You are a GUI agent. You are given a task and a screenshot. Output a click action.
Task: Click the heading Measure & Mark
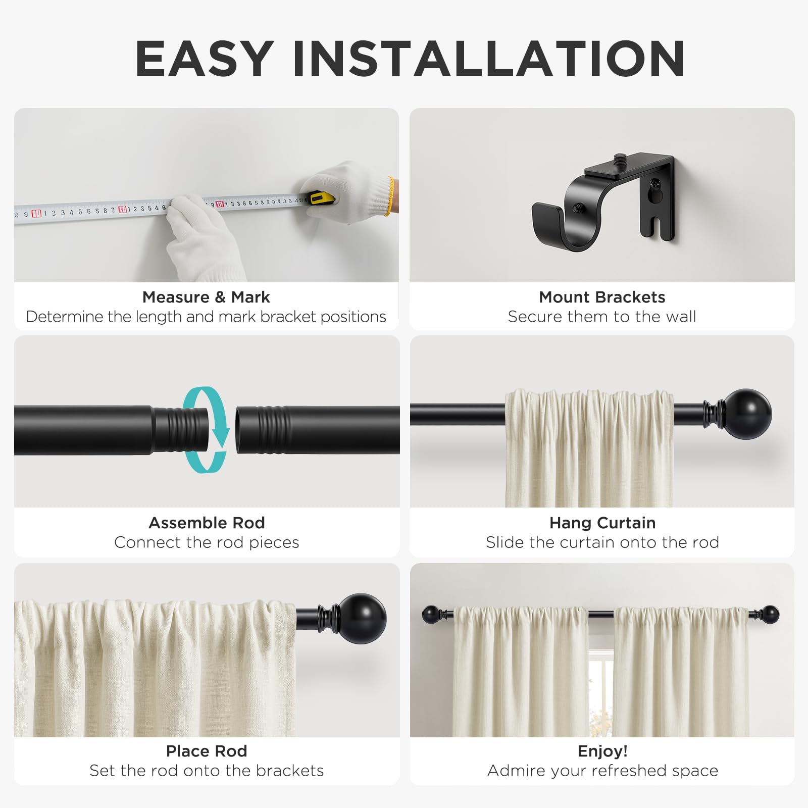(206, 297)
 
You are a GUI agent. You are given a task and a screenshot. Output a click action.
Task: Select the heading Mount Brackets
(602, 297)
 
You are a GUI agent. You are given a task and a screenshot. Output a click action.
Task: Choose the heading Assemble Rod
(207, 523)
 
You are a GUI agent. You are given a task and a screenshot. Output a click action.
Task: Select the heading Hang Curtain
(602, 523)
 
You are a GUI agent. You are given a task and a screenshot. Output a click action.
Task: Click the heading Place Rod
(207, 751)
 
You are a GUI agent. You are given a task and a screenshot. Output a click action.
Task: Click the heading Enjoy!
(602, 751)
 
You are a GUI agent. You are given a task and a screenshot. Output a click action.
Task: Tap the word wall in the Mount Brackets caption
(681, 317)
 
